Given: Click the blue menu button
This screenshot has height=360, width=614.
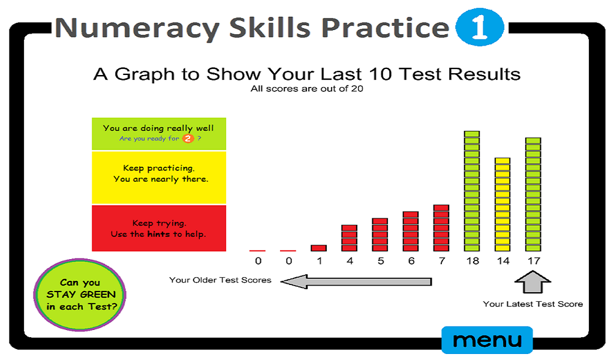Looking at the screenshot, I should point(486,340).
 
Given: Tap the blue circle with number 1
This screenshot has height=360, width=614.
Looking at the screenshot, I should point(478,28).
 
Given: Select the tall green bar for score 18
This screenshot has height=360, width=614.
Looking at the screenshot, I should point(472,191).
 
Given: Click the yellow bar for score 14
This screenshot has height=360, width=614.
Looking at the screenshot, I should point(502,204).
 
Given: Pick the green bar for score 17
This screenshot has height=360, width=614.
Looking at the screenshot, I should point(533,194).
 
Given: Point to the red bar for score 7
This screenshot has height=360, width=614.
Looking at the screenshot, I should point(441,228).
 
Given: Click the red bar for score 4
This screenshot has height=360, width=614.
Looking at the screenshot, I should point(349,238).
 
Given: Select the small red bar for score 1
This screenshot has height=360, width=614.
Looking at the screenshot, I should point(318,248).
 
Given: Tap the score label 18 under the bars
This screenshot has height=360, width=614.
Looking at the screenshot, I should point(472,261).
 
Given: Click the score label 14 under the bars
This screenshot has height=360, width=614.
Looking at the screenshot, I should point(502,261).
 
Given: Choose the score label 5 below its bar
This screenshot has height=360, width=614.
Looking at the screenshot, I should point(380,261).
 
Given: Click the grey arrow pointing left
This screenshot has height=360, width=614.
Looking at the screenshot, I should point(356,281).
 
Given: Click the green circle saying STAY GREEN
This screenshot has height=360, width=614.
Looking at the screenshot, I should point(81,295).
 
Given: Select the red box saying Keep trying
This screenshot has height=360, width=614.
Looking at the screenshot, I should point(159,228).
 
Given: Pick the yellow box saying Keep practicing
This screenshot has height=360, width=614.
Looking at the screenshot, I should point(159,177).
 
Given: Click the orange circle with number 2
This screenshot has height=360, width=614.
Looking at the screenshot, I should point(188,139).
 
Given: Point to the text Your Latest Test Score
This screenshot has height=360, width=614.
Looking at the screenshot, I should point(532,304).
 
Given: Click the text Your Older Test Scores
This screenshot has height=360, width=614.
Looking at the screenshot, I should point(220,280).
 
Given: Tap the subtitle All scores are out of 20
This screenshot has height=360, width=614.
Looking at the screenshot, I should point(307,89).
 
